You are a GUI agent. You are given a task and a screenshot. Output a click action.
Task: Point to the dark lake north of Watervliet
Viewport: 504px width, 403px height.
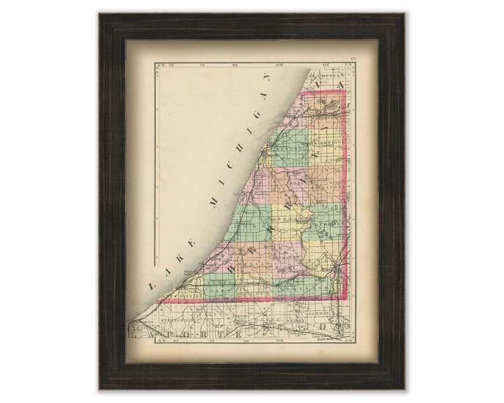pos(328,101)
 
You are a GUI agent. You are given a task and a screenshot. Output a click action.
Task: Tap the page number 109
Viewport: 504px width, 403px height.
pos(350,60)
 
